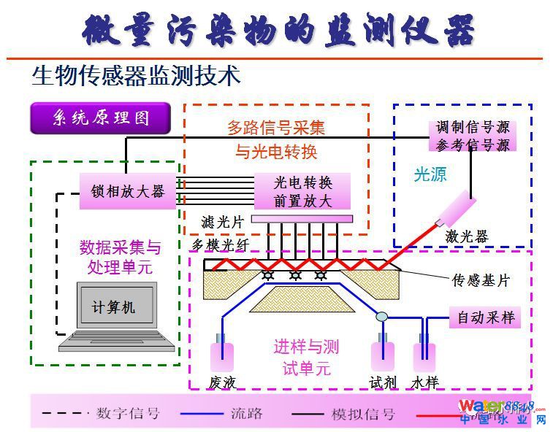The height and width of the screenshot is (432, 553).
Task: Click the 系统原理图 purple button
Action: pyautogui.click(x=100, y=118)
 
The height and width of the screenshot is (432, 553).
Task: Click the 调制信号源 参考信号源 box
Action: pyautogui.click(x=473, y=136)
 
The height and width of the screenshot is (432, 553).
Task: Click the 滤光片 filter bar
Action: pyautogui.click(x=302, y=219)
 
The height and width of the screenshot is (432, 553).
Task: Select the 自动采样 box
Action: pyautogui.click(x=486, y=317)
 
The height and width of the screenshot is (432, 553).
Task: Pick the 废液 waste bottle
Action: pyautogui.click(x=221, y=356)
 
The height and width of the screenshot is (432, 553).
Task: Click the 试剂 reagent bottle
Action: pyautogui.click(x=382, y=355)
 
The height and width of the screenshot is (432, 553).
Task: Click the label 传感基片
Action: pyautogui.click(x=481, y=280)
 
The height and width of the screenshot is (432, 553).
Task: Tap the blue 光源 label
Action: pyautogui.click(x=430, y=175)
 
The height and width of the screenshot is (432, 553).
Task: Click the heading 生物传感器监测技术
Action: pyautogui.click(x=136, y=75)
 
